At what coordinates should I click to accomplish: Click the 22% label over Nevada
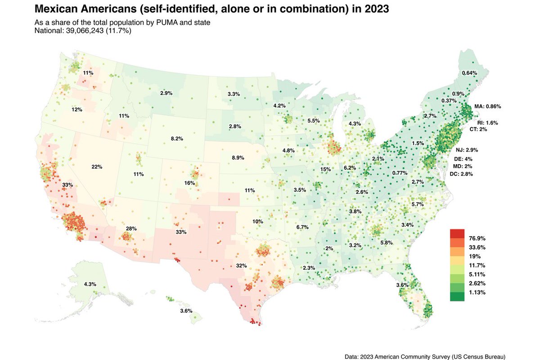coord(97,167)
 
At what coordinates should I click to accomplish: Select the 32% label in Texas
coord(241,265)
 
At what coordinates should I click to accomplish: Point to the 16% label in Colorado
coord(189,183)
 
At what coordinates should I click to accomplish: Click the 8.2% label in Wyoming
coord(177,139)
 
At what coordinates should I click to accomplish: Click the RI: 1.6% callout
coord(488,122)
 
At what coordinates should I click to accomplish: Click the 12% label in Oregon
coord(76,109)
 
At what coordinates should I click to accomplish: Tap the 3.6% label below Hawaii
coord(186,311)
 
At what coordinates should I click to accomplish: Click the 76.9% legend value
coord(476,238)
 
